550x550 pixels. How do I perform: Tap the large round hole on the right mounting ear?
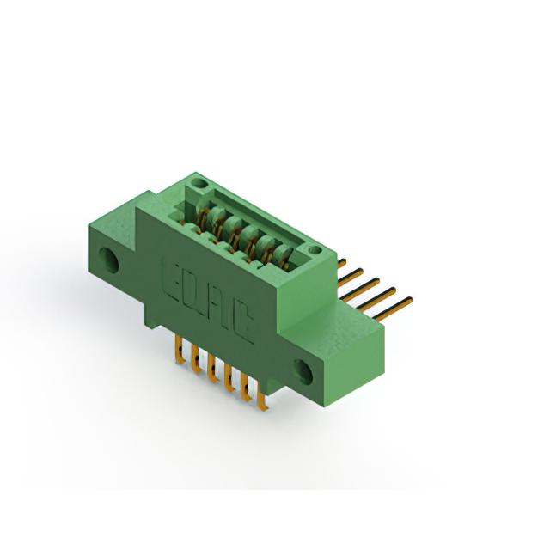click(303, 371)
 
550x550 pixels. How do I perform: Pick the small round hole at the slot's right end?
click(315, 250)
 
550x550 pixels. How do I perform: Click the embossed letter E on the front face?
click(173, 279)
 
